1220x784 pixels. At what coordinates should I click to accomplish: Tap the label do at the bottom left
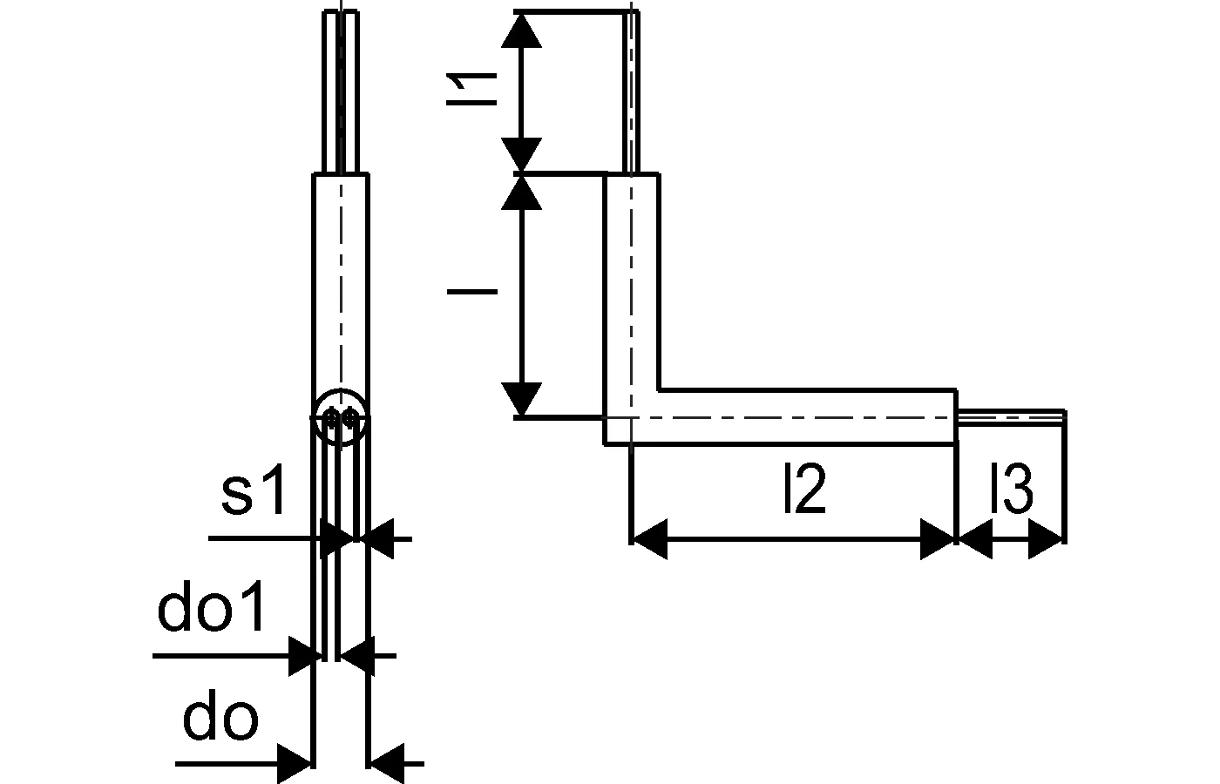tap(220, 720)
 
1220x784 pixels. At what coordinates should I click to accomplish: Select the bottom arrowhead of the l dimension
tap(523, 400)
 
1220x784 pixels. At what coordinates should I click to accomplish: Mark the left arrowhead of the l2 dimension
tap(649, 540)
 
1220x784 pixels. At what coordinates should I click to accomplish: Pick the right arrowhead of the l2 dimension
tap(939, 540)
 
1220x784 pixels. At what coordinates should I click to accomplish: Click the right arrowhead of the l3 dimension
tap(1047, 540)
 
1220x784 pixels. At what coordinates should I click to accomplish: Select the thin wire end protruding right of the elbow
tap(1011, 417)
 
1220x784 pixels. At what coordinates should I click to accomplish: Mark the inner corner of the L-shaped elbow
tap(659, 390)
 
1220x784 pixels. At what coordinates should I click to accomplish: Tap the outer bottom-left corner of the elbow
tap(606, 444)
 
